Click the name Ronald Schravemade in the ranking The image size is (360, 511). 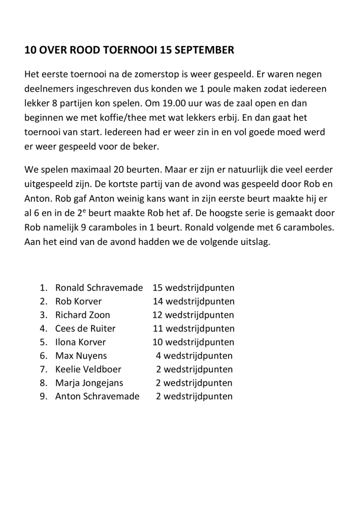99,288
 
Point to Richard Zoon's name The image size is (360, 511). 82,315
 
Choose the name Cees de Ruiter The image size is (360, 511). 85,328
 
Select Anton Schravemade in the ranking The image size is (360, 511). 97,396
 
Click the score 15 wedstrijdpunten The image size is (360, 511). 193,288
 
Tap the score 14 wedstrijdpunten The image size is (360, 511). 193,302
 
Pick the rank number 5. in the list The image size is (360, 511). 43,342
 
